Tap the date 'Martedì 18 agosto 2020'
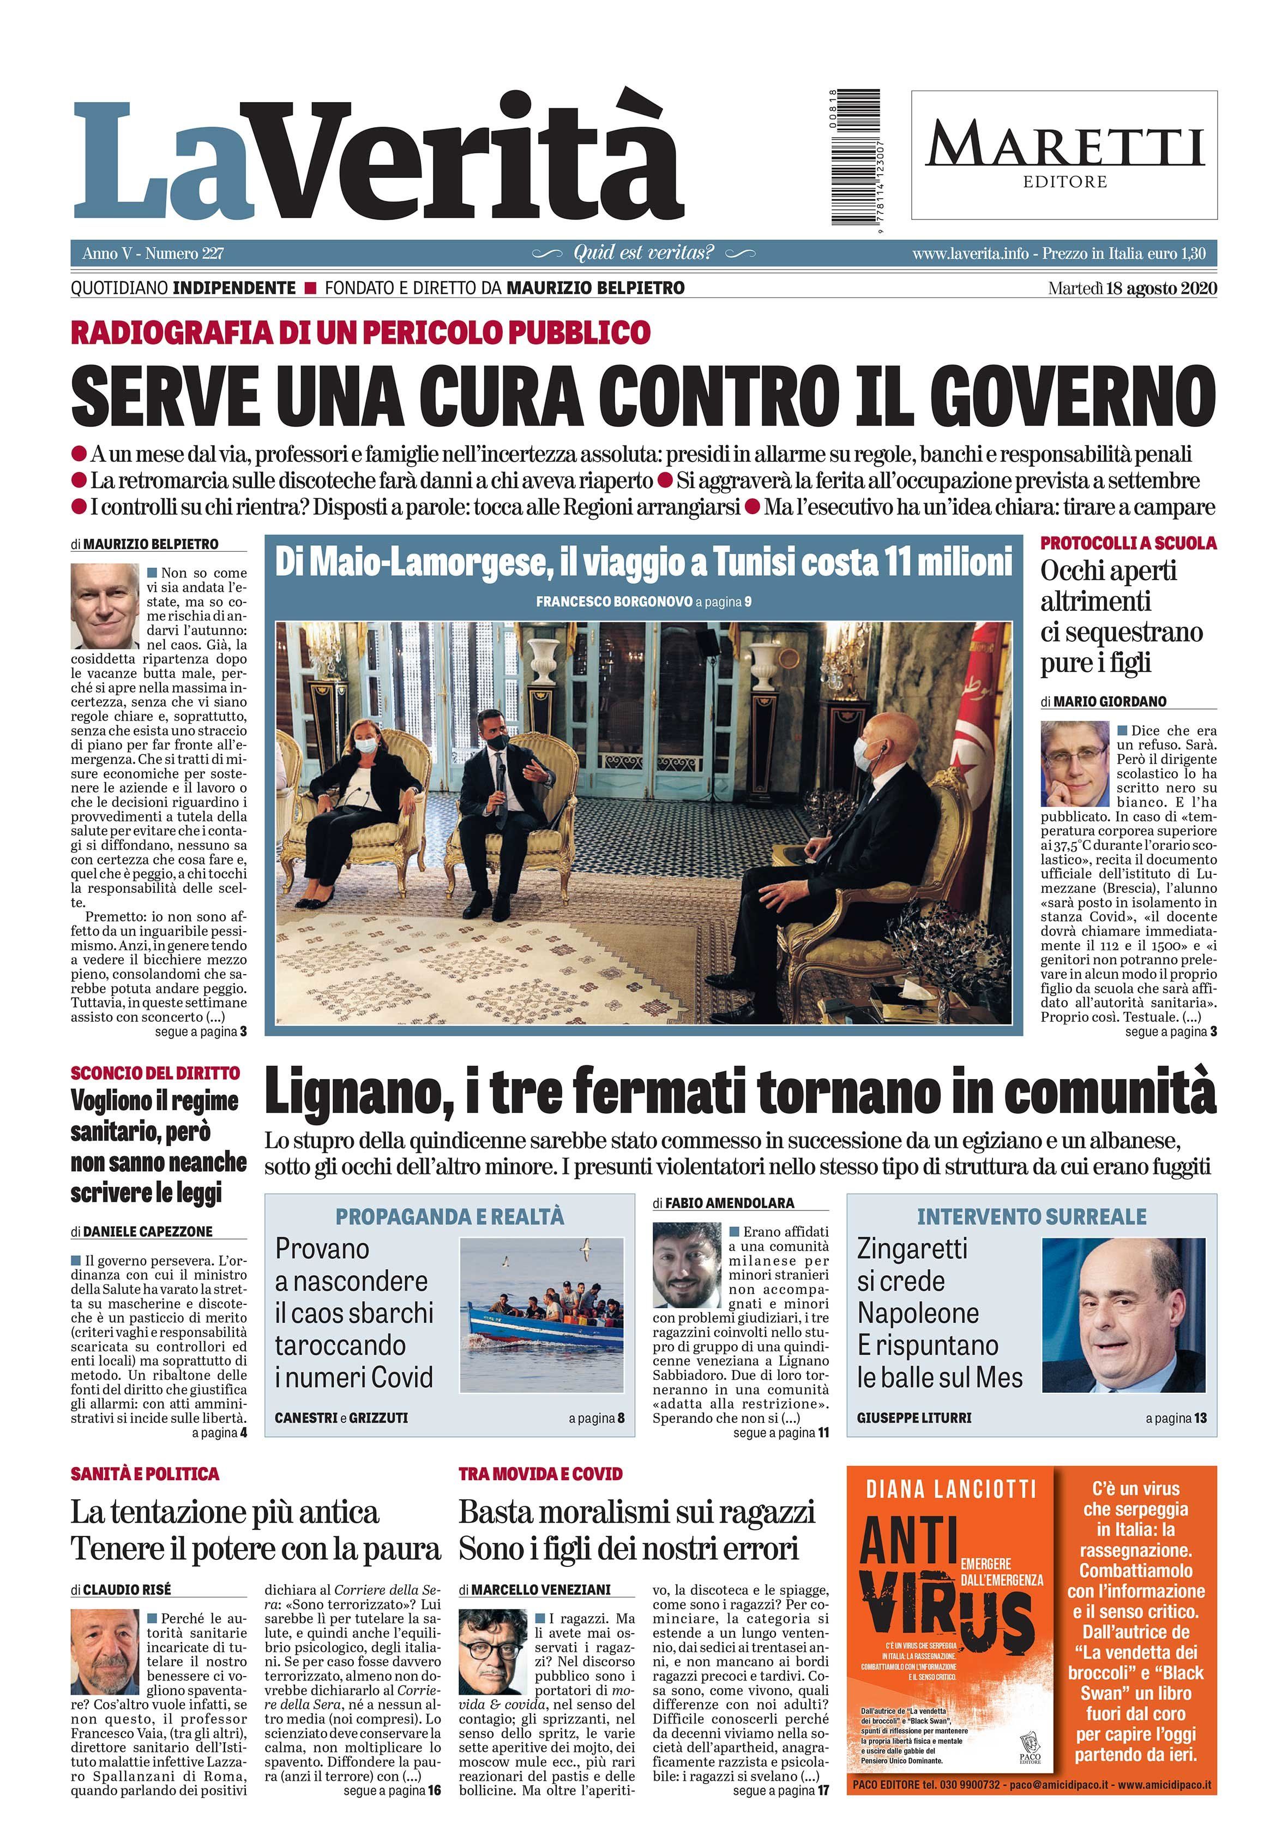tap(1132, 288)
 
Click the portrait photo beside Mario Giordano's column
tap(1075, 764)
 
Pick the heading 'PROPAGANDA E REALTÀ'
tap(449, 1217)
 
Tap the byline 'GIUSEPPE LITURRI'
tap(913, 1418)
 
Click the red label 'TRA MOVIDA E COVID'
tap(540, 1475)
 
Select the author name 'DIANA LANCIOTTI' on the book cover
tap(950, 1489)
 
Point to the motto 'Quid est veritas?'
tap(643, 253)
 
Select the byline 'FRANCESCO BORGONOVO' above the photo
tap(613, 602)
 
